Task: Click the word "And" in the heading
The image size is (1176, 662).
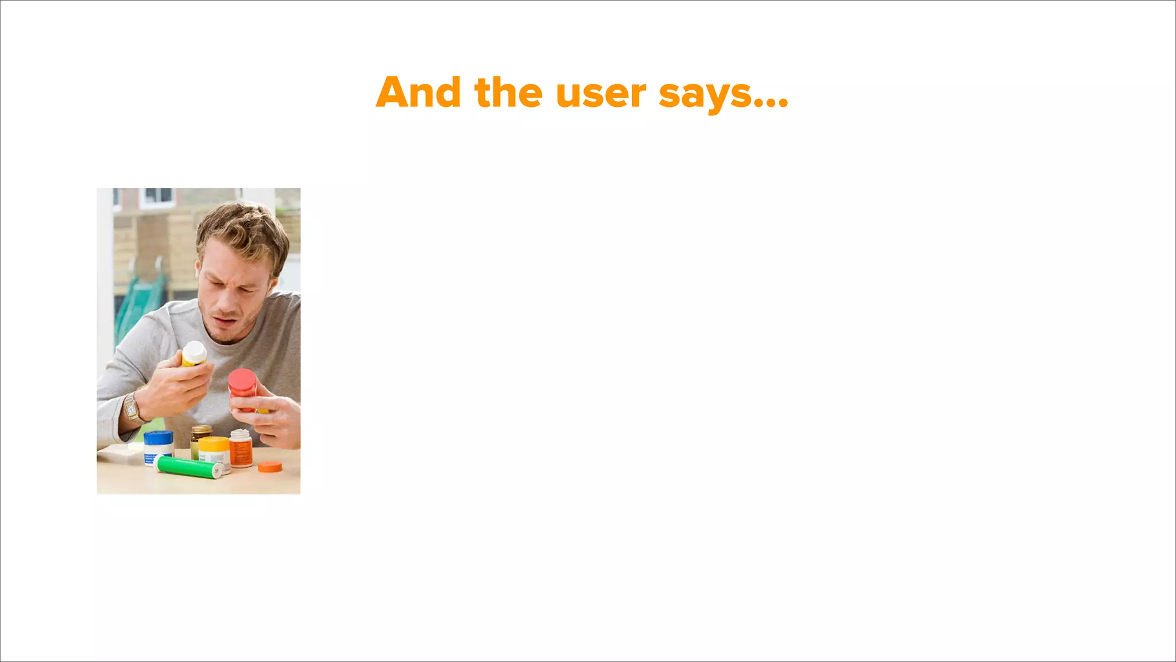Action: point(418,93)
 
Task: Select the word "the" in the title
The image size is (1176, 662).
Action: point(508,93)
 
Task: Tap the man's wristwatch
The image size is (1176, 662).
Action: point(131,409)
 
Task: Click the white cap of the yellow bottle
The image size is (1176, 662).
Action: point(194,350)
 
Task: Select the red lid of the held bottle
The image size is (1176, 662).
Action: point(242,381)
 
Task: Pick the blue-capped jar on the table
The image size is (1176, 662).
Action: point(158,447)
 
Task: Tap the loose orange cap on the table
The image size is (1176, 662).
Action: point(270,467)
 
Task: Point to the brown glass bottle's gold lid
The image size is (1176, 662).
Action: point(201,429)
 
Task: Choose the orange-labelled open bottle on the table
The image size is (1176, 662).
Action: point(241,449)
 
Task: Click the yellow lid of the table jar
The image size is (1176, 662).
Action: point(214,444)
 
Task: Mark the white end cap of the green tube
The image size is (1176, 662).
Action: point(217,471)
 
